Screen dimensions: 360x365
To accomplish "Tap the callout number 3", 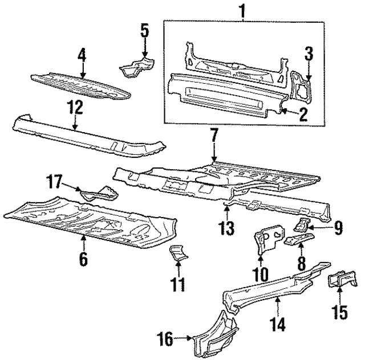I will [309, 55].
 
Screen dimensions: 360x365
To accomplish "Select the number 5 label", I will [145, 30].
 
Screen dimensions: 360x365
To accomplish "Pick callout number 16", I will [165, 341].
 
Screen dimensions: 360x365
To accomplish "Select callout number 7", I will [213, 151].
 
